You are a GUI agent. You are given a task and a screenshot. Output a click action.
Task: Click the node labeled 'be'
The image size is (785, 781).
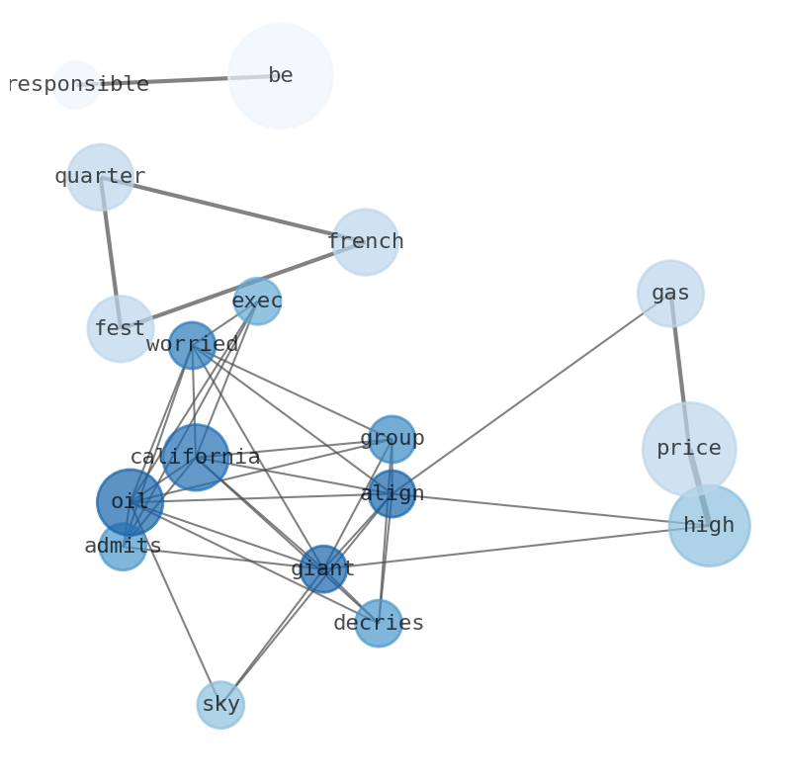(x=281, y=76)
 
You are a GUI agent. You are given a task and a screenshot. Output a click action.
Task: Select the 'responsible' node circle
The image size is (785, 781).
(x=76, y=85)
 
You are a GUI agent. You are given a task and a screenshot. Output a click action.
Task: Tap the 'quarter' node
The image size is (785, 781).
(x=100, y=177)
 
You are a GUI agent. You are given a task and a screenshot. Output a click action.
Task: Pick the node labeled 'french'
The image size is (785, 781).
(x=365, y=242)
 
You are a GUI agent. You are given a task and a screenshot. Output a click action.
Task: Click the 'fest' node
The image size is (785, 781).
(x=120, y=329)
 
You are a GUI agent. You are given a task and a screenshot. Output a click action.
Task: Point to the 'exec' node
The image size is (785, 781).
(x=257, y=301)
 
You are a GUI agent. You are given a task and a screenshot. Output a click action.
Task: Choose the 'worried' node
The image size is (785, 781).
(x=192, y=345)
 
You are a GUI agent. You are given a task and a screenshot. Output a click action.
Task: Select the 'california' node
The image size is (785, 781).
(x=195, y=457)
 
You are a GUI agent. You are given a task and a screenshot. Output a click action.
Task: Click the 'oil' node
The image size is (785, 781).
(x=130, y=502)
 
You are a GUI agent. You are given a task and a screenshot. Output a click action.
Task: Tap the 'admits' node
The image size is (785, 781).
(x=123, y=547)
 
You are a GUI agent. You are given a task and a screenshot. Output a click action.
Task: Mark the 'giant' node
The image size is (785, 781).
(x=323, y=568)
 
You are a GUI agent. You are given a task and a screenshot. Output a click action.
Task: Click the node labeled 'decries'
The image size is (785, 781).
(x=378, y=624)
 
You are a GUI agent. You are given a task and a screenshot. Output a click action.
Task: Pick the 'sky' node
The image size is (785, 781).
(x=220, y=705)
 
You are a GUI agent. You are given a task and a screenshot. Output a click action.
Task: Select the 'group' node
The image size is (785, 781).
(x=392, y=439)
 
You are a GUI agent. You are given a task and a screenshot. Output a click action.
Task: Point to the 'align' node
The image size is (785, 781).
(x=392, y=493)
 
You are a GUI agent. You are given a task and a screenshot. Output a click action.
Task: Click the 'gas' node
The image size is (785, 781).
(x=670, y=294)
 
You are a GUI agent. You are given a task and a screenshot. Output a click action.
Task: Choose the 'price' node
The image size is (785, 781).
(x=689, y=449)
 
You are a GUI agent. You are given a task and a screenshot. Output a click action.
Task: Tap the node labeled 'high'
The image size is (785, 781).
(x=709, y=526)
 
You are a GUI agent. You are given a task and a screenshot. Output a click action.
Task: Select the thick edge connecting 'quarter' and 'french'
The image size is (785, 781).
(x=232, y=210)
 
